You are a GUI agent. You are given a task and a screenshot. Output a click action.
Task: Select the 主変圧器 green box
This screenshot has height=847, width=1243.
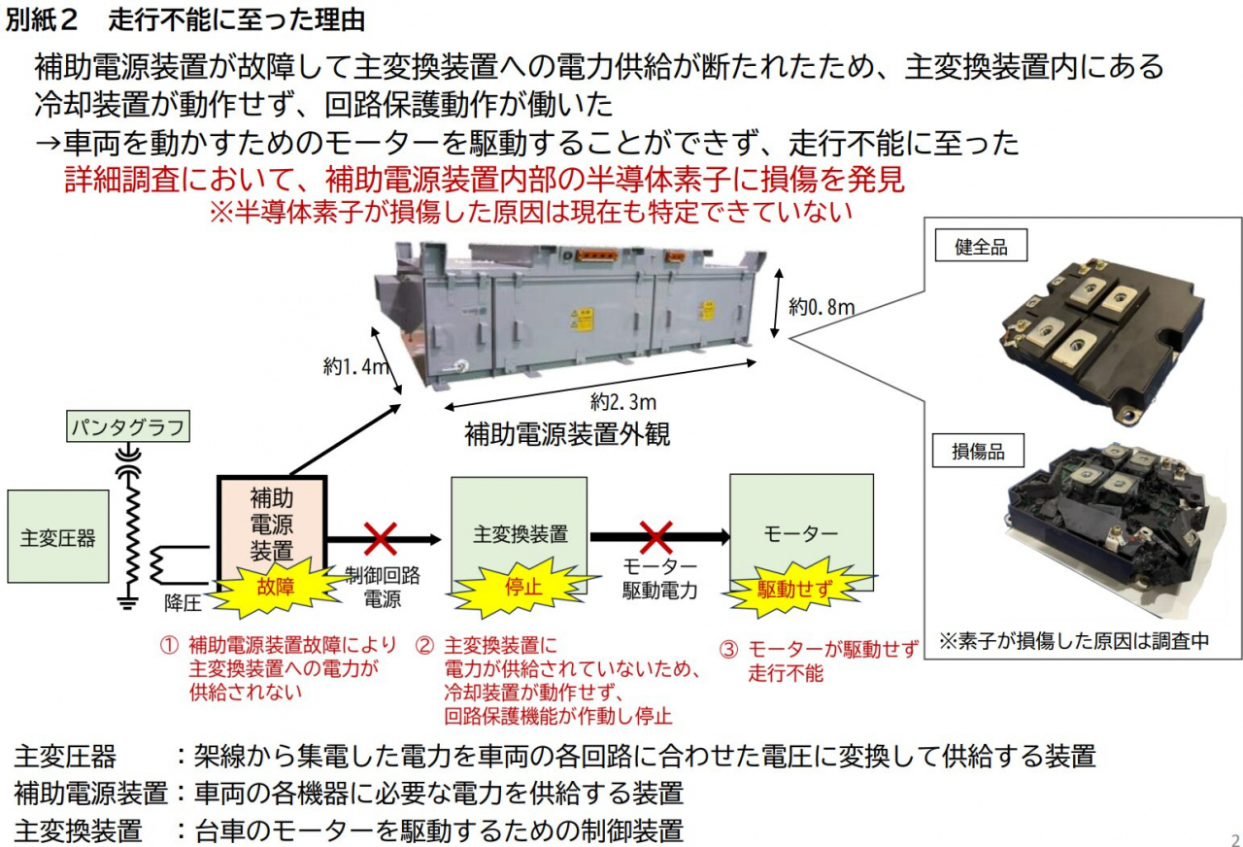pos(57,536)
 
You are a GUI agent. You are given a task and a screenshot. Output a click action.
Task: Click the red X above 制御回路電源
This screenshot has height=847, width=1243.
pos(380,537)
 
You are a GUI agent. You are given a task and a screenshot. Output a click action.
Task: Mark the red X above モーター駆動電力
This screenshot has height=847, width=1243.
pos(657,537)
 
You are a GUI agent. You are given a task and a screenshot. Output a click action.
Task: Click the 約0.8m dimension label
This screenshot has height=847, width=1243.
pos(822,308)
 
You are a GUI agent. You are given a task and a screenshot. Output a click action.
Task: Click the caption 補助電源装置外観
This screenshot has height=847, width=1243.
pos(567,434)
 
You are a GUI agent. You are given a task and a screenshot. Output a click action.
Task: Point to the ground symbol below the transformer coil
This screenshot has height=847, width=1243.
pos(126,603)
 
